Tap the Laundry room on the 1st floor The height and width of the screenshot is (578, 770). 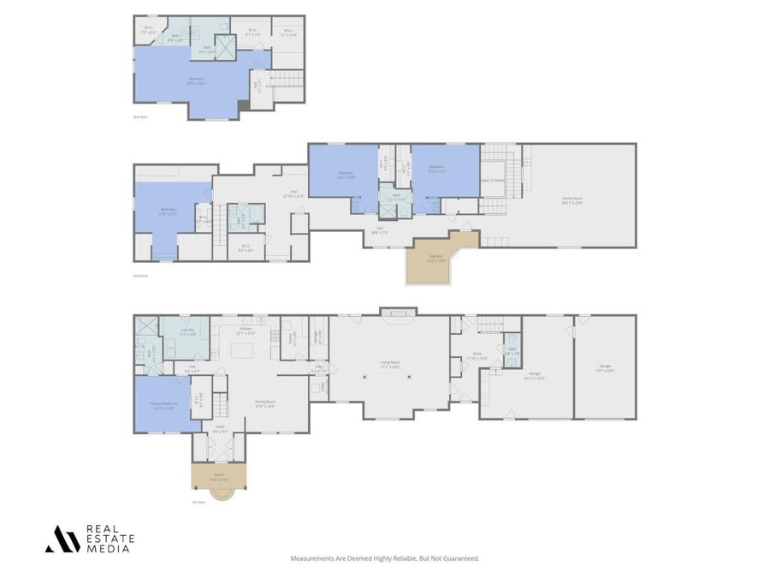187,331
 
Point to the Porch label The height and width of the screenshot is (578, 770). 218,476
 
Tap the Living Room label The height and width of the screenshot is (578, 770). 389,363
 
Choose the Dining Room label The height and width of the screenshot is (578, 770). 264,403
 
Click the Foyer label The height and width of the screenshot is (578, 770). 219,428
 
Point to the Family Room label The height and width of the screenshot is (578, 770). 572,202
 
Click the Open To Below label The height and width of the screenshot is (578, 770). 492,181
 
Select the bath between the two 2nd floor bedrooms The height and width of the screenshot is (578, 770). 395,198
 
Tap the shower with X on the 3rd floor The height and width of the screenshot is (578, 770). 227,46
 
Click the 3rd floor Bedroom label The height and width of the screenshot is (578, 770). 196,81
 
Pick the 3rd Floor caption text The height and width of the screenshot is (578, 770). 140,116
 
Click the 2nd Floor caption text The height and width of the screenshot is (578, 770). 140,276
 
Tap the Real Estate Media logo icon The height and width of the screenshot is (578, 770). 62,539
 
